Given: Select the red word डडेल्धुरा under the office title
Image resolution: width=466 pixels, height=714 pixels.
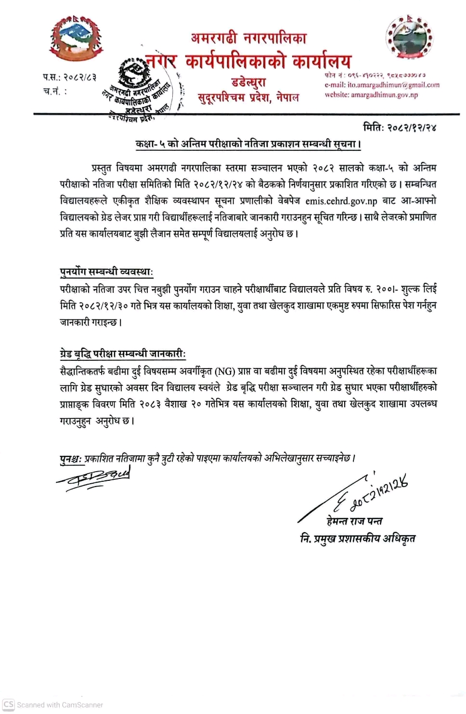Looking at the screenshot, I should (x=248, y=82).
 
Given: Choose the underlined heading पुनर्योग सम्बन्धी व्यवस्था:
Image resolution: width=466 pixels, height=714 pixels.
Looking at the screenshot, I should (x=106, y=272).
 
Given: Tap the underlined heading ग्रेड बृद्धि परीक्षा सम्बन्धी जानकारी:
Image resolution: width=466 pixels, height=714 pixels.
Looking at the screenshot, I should (x=122, y=354).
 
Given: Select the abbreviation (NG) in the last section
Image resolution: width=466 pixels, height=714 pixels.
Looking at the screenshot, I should (x=225, y=371).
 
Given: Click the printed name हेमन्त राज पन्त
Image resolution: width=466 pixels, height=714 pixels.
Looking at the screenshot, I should (x=354, y=521).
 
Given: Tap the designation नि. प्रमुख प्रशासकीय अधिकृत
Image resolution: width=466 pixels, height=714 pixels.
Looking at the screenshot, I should (x=357, y=539).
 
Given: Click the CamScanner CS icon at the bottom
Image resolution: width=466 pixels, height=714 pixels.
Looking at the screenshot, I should (x=9, y=704).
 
